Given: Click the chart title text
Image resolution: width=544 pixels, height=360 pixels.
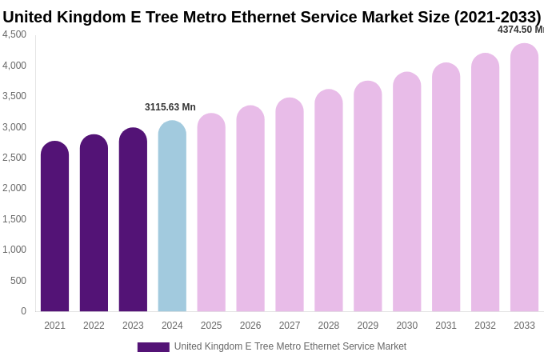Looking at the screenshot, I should point(272,17).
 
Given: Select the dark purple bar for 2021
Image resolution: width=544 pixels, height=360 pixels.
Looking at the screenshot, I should point(54,228).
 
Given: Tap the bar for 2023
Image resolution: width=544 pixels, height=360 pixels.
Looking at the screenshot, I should point(133,221).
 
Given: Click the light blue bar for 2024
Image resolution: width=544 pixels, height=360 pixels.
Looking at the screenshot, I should point(172,218).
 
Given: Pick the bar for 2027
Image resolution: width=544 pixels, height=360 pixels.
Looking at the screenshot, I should point(290,206).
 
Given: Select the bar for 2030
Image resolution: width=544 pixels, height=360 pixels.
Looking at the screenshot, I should point(406,194).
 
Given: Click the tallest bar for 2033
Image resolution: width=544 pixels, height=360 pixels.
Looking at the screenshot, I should point(524,179).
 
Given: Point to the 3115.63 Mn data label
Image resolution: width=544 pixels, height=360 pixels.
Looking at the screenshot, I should point(170,107).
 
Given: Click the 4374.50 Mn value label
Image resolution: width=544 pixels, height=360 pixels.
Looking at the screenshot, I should point(520,30).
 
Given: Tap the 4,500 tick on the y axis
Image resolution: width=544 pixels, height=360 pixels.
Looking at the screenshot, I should point(14,34).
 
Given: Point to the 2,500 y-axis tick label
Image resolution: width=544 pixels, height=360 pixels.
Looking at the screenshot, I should point(14,158).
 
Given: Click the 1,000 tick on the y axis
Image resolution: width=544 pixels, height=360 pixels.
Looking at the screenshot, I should point(14,250).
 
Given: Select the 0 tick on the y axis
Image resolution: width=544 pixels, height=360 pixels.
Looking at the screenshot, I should point(23,311).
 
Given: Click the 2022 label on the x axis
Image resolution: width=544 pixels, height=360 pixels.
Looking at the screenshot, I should point(94,326).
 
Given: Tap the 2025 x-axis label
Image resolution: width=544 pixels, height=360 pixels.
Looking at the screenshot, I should point(211,326).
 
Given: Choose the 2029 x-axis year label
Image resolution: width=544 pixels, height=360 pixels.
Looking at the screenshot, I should point(368,326).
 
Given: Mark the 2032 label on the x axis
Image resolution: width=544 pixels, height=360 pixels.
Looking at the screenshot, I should point(485,326).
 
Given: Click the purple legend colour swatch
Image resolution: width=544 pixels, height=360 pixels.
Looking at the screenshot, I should point(153,347).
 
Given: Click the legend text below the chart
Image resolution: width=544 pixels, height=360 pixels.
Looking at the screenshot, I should point(290,346).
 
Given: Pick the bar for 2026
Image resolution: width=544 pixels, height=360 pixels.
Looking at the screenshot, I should point(250,210).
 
